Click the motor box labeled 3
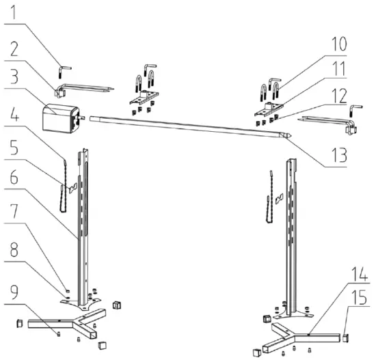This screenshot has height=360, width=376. (x=59, y=117)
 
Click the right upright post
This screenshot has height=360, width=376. (x=293, y=232)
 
